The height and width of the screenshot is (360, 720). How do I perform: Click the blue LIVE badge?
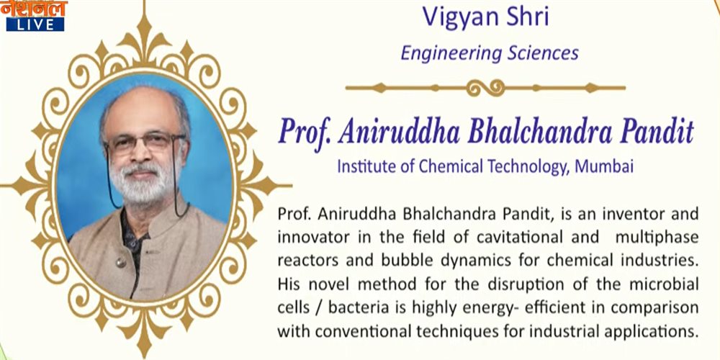(x=35, y=24)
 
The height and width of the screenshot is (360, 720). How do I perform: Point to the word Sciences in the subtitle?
(x=543, y=53)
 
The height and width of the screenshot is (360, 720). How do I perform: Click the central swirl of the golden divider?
(x=486, y=87)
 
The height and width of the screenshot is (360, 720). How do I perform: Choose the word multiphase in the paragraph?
(x=657, y=238)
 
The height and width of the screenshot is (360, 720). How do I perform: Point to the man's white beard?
(x=140, y=181)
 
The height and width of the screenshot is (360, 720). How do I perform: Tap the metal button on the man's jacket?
(x=121, y=262)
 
